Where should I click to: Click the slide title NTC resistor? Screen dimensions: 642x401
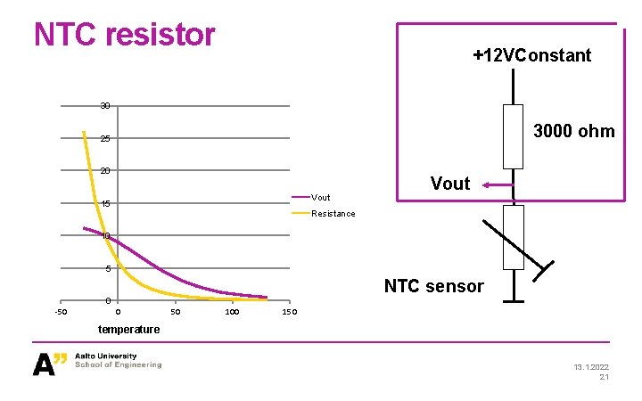coord(125,35)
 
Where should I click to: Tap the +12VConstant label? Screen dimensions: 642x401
coord(531,55)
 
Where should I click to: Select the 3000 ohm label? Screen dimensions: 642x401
coord(573,131)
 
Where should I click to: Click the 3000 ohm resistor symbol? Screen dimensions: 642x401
coord(513,136)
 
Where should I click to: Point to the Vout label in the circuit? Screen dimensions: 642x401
coord(449,184)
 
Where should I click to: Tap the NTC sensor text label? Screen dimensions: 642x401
coord(433,286)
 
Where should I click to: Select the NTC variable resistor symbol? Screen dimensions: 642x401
coord(514,237)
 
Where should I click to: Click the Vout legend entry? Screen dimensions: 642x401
coord(320,197)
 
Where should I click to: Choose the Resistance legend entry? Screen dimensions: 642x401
coord(333,213)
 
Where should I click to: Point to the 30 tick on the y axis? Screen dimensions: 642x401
coord(105,106)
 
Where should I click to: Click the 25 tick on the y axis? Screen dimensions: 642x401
coord(105,139)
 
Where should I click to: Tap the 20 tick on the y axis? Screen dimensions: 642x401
coord(105,171)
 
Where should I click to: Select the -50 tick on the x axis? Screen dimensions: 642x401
coord(61,313)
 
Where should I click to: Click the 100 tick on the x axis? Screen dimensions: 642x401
coord(232,313)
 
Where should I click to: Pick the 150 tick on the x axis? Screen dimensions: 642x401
coord(288,313)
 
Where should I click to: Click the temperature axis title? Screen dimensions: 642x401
coord(130,330)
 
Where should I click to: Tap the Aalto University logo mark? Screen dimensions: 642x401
coord(50,364)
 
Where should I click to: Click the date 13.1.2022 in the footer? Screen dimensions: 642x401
coord(588,366)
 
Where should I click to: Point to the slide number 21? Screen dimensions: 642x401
coord(604,377)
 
